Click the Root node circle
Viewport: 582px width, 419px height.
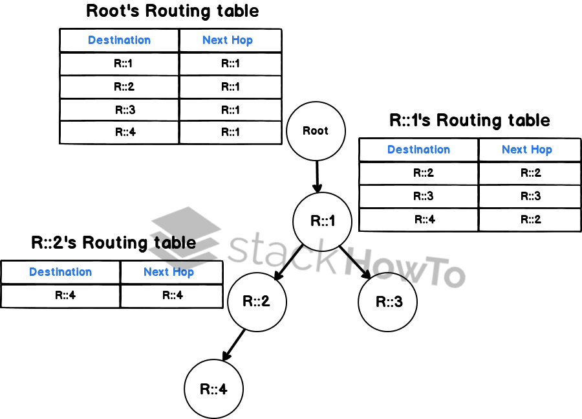click(x=316, y=131)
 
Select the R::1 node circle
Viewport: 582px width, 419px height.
click(x=323, y=221)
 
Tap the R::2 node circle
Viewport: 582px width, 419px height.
click(x=257, y=302)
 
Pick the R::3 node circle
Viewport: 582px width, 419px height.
click(x=388, y=302)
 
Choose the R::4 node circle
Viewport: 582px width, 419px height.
click(x=214, y=390)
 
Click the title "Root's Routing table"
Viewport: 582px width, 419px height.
click(x=172, y=11)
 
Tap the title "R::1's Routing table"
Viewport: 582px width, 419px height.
click(x=469, y=120)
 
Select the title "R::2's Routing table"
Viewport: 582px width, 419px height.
click(x=113, y=243)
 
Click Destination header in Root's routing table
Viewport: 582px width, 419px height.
click(x=119, y=40)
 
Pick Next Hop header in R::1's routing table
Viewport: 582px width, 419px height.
click(x=526, y=150)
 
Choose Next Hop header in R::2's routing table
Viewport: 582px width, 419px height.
click(x=168, y=272)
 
